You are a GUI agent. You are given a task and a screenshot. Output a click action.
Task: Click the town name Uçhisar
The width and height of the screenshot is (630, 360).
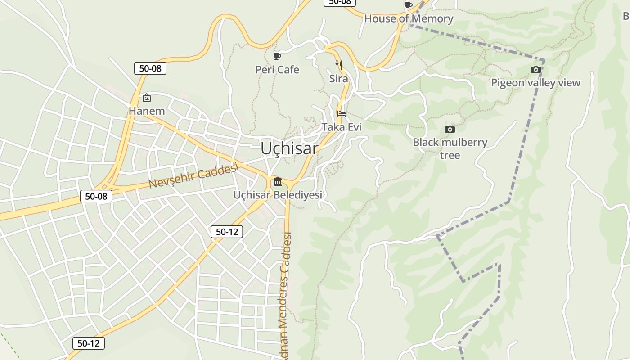289,148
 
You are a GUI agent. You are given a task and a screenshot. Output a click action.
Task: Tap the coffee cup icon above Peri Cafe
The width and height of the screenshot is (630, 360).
277,56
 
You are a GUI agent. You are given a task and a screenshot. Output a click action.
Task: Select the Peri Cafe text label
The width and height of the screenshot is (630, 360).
277,70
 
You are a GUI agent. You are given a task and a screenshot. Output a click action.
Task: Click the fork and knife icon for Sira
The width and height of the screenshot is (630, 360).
339,65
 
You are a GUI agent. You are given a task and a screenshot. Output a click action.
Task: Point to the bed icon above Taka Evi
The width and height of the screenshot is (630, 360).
342,114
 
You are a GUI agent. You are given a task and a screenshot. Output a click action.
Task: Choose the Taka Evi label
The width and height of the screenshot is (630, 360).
342,127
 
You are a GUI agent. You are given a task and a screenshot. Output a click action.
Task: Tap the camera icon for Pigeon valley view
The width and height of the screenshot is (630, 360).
535,69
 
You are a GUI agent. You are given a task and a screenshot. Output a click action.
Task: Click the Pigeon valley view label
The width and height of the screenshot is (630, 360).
535,83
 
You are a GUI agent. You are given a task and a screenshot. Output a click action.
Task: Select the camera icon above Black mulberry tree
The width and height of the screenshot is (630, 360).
450,130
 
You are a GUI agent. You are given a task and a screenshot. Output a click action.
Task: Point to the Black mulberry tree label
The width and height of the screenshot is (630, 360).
450,148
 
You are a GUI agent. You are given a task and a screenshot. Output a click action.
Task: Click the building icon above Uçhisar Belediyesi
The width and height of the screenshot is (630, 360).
278,182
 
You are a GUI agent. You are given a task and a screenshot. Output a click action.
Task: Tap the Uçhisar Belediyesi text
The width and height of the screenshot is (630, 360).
278,195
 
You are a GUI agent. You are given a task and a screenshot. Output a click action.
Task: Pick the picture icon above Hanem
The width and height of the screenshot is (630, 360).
146,98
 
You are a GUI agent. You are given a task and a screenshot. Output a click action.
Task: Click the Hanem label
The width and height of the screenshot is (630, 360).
147,111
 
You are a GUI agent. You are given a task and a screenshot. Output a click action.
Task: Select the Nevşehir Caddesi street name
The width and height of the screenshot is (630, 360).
193,176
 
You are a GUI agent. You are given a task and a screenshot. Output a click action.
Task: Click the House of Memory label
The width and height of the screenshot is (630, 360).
409,19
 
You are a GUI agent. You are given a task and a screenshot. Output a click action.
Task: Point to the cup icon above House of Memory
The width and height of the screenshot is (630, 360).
409,5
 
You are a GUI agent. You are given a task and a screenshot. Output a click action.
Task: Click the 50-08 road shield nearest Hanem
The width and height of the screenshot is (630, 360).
150,68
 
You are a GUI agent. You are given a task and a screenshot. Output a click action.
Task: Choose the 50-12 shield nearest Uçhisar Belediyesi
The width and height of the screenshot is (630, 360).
227,232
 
